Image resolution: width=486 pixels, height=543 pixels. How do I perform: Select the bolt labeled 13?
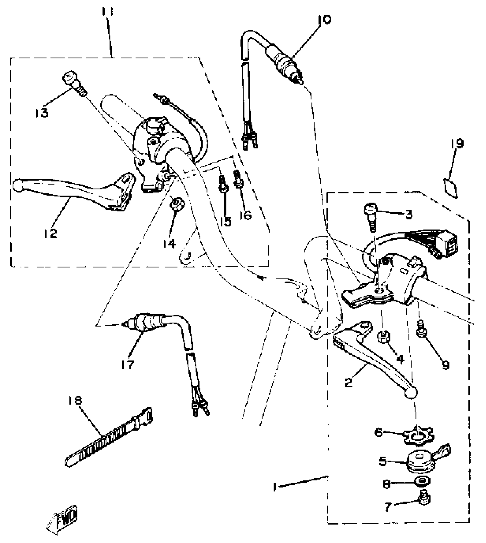click(x=73, y=83)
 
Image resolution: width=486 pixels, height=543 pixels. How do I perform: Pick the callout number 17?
click(x=127, y=365)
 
